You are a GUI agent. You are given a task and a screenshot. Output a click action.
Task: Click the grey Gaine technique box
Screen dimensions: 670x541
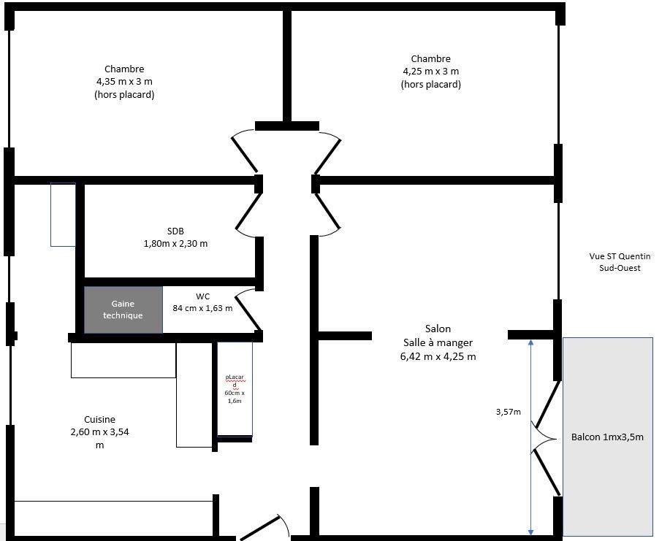[123, 310]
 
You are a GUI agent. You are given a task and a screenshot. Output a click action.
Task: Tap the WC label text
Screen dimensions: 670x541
[202, 296]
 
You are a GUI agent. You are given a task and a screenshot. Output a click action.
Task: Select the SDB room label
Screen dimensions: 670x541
[175, 231]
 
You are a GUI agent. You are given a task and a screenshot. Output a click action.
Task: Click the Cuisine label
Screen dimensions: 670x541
[99, 419]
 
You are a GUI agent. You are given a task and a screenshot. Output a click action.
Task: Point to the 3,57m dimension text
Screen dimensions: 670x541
[508, 412]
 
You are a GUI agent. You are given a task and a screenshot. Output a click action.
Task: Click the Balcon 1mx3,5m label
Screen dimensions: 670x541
[607, 437]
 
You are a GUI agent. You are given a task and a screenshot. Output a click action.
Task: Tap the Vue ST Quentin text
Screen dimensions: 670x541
[620, 256]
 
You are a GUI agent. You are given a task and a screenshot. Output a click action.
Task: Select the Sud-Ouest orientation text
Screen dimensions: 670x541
[620, 268]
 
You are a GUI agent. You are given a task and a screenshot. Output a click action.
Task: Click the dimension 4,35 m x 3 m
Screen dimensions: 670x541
[124, 82]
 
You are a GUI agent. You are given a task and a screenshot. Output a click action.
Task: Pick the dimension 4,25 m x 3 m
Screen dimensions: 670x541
[431, 72]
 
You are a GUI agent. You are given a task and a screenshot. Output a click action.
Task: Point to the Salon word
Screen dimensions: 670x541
[438, 329]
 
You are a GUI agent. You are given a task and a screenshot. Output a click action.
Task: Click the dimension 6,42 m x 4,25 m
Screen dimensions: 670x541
[438, 356]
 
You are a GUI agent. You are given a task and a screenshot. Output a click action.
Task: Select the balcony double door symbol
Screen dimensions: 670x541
[546, 439]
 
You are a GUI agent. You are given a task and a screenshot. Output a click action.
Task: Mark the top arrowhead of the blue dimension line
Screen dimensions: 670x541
[530, 342]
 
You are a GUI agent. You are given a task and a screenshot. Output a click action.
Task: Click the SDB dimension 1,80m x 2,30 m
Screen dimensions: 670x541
[175, 244]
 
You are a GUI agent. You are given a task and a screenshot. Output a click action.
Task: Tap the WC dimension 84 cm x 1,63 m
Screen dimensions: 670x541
[202, 308]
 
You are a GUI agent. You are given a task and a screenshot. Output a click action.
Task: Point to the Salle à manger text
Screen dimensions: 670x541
[438, 342]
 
